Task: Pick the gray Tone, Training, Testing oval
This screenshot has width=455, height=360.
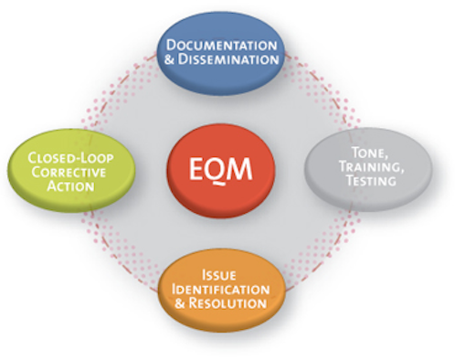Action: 379,167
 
